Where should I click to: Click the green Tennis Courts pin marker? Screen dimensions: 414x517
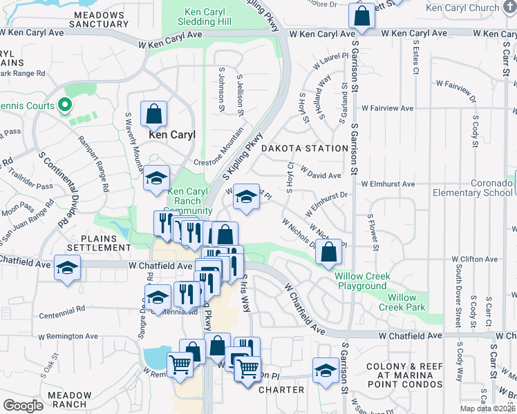point(65,106)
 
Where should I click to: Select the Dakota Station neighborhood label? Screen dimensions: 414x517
point(304,148)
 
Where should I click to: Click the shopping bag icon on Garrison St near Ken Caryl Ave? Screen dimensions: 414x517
point(361,17)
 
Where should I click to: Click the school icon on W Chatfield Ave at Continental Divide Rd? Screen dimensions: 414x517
point(67,268)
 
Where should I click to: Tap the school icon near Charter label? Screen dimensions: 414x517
point(326,371)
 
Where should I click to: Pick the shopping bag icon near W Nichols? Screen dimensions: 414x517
point(329,253)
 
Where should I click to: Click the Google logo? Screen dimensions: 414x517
point(23,406)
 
